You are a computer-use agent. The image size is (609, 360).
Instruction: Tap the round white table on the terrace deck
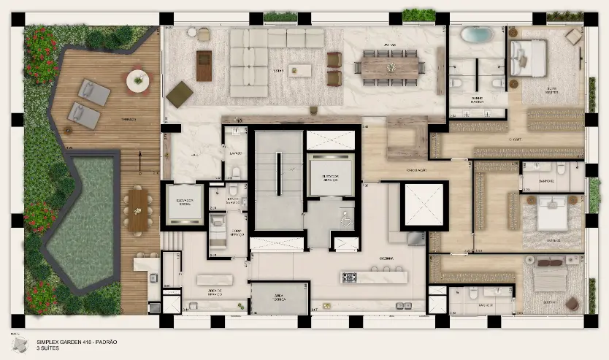point(137,80)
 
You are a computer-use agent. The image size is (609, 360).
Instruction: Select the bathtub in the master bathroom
point(477,34)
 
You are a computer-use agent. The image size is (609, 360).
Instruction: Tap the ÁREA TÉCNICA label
point(279,299)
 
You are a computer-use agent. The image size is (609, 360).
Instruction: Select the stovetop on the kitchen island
point(349,277)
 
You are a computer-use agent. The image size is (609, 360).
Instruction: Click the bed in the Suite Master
point(529,58)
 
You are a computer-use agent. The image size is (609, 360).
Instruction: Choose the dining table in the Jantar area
point(390,66)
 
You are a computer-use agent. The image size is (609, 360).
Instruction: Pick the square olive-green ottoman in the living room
point(179,93)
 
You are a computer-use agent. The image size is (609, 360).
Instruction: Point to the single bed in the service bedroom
point(218,228)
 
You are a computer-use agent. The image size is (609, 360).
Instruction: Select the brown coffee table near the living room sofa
point(204,66)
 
